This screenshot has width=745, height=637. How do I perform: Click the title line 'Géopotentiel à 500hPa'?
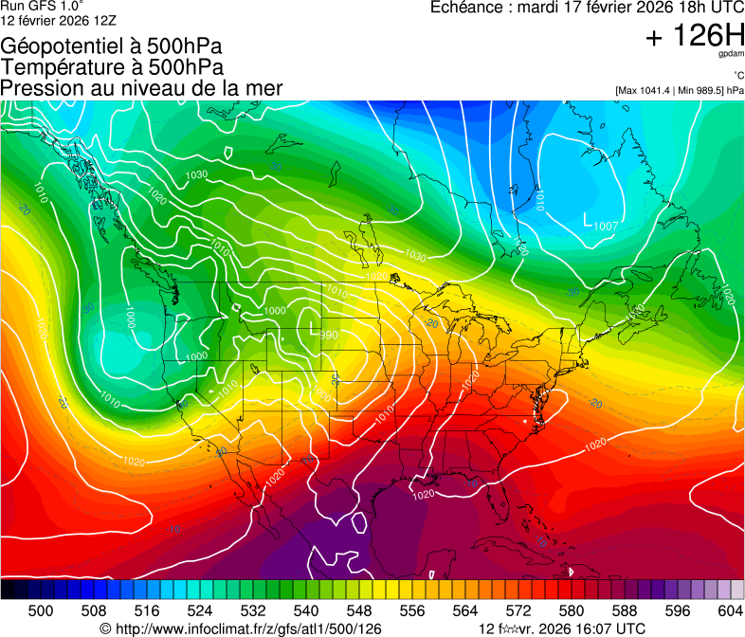click(x=112, y=46)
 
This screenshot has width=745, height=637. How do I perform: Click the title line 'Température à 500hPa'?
click(x=112, y=67)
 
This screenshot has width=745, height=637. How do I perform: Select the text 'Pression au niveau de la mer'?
click(x=141, y=88)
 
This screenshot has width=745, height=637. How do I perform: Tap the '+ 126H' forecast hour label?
click(x=694, y=36)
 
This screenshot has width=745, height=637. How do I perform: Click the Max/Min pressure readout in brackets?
click(x=679, y=91)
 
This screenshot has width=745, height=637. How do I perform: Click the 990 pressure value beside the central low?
click(x=329, y=335)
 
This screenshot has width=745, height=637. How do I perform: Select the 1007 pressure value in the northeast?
click(x=607, y=226)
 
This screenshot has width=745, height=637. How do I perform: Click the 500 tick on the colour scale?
click(x=41, y=610)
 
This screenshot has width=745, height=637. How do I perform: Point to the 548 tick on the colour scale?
click(x=359, y=610)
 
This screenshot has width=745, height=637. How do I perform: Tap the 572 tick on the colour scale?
click(x=518, y=610)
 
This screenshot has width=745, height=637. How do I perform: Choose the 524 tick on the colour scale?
click(x=200, y=610)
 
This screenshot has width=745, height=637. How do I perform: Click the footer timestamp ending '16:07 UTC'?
click(x=563, y=628)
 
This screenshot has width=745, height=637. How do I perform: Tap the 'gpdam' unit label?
click(x=731, y=55)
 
